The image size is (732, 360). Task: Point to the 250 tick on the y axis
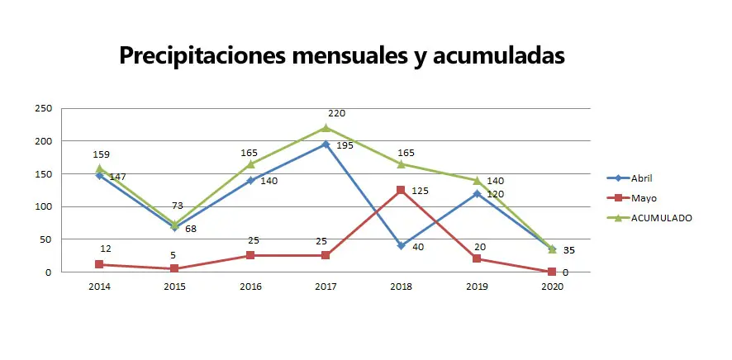click(43, 108)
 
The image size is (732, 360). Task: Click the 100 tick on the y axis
click(43, 206)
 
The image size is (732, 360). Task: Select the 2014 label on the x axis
click(99, 287)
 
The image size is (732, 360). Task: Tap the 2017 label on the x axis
click(326, 287)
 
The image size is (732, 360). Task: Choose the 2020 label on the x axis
click(552, 287)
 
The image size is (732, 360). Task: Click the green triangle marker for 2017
click(326, 128)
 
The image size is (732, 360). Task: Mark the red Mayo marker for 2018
click(401, 190)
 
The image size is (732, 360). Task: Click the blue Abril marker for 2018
click(401, 246)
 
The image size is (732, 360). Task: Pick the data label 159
click(102, 154)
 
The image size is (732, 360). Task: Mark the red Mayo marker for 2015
click(174, 268)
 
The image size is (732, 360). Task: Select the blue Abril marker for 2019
click(477, 193)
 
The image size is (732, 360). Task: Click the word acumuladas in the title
click(499, 56)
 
